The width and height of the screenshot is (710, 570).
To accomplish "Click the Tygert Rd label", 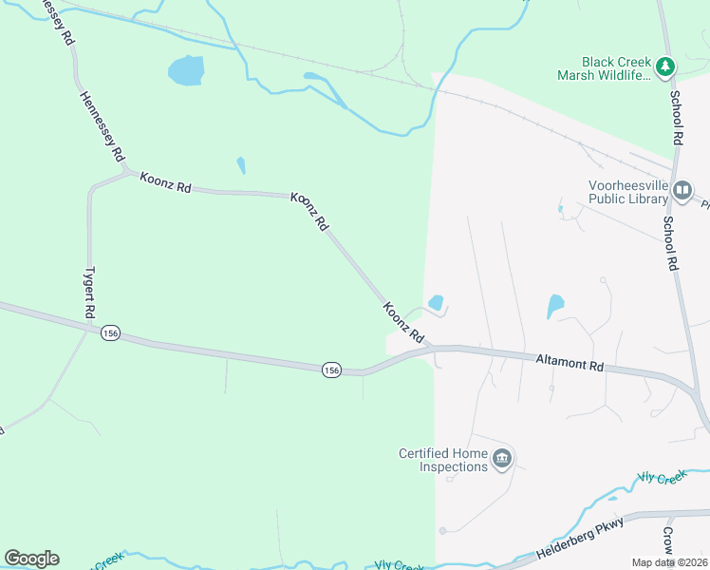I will (x=90, y=292).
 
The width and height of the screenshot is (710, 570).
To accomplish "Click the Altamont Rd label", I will (x=570, y=364).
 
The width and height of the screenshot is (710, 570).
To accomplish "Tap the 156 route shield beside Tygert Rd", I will (x=111, y=332).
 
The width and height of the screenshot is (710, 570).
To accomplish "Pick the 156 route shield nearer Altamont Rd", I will (x=330, y=370).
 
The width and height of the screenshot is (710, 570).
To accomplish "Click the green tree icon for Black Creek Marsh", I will (x=665, y=66).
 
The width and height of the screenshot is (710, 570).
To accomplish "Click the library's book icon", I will (x=682, y=192).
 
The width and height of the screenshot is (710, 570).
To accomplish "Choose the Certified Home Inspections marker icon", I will (x=502, y=460).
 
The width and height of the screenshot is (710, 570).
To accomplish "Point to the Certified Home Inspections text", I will (x=442, y=460).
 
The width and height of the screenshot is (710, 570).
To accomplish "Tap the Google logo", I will (x=31, y=559).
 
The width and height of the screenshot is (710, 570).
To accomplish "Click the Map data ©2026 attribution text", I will (x=669, y=562).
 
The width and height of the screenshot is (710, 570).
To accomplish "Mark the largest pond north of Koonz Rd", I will (x=186, y=69).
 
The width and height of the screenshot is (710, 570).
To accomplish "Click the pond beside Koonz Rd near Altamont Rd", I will (x=436, y=303).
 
